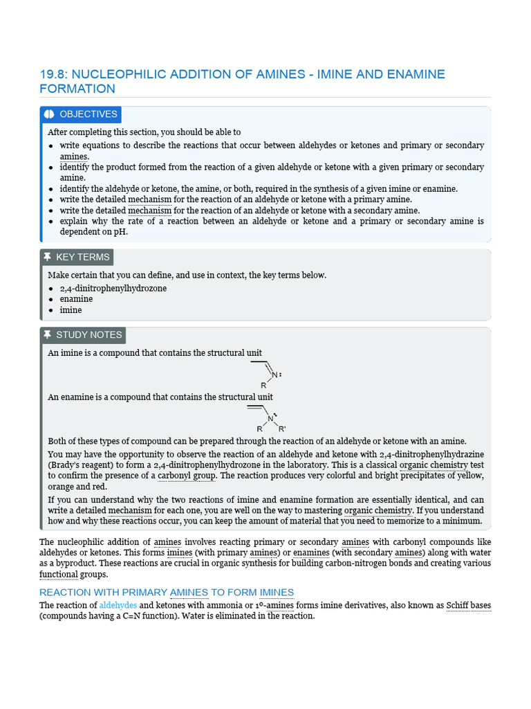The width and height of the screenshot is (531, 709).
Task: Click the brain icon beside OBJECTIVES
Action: click(x=49, y=114)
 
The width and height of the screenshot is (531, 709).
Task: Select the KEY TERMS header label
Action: click(x=82, y=257)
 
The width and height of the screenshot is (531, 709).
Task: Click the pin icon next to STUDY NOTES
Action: click(x=47, y=334)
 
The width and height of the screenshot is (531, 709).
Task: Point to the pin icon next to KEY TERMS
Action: click(x=47, y=257)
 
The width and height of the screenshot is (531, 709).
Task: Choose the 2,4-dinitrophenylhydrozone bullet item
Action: click(x=113, y=288)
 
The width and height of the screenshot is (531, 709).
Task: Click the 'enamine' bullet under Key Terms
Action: click(x=76, y=299)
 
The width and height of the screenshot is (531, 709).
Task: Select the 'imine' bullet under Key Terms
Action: click(x=71, y=310)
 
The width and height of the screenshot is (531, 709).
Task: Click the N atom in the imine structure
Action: click(x=274, y=375)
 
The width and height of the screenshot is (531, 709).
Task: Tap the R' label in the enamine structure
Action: click(x=282, y=429)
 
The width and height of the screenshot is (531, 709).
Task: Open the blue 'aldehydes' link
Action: click(x=118, y=605)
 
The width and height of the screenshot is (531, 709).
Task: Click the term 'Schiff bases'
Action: click(x=468, y=605)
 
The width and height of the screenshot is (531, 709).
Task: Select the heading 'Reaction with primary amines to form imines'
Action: click(x=167, y=592)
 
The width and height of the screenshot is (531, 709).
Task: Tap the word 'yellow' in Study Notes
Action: click(x=470, y=476)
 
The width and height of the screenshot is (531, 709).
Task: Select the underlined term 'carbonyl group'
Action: click(x=187, y=476)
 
